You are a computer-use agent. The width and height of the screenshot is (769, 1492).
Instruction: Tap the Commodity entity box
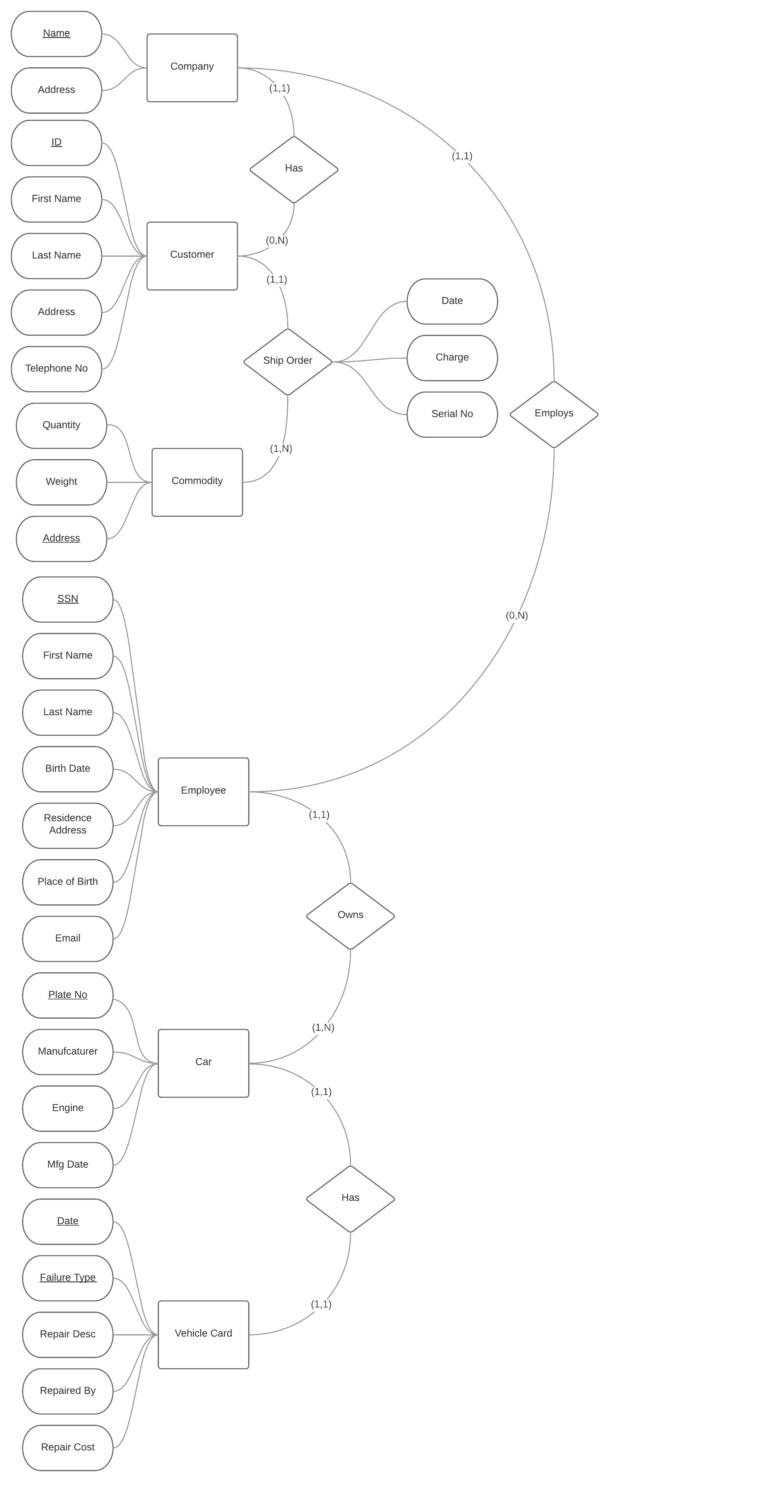click(x=197, y=482)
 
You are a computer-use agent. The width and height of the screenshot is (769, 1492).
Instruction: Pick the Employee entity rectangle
click(x=203, y=791)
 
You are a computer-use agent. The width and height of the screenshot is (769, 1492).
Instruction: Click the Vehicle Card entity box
click(x=203, y=1334)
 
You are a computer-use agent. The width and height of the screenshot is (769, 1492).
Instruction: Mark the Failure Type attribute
click(x=68, y=1278)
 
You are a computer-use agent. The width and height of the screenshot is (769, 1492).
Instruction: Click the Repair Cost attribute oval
click(x=68, y=1447)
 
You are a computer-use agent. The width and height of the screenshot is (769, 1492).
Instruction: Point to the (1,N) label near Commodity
click(x=281, y=449)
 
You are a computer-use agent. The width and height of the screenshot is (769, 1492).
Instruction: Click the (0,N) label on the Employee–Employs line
click(x=517, y=616)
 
